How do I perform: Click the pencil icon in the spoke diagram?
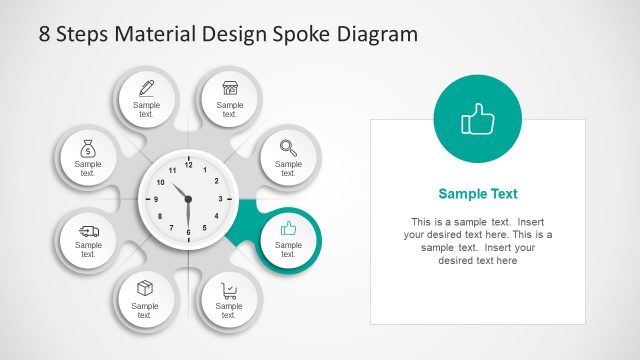click(146, 87)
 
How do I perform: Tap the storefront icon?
click(230, 87)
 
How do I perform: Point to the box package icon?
click(145, 288)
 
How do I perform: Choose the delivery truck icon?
click(88, 230)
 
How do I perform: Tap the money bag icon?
click(88, 149)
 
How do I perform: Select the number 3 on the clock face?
click(220, 199)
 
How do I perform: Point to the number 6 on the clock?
click(187, 232)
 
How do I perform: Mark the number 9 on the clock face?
click(155, 199)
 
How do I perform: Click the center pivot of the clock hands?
click(187, 199)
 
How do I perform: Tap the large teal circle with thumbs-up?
click(478, 120)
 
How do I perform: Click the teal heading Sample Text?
click(478, 194)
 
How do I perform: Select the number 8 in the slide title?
click(45, 34)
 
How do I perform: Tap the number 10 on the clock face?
click(159, 182)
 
